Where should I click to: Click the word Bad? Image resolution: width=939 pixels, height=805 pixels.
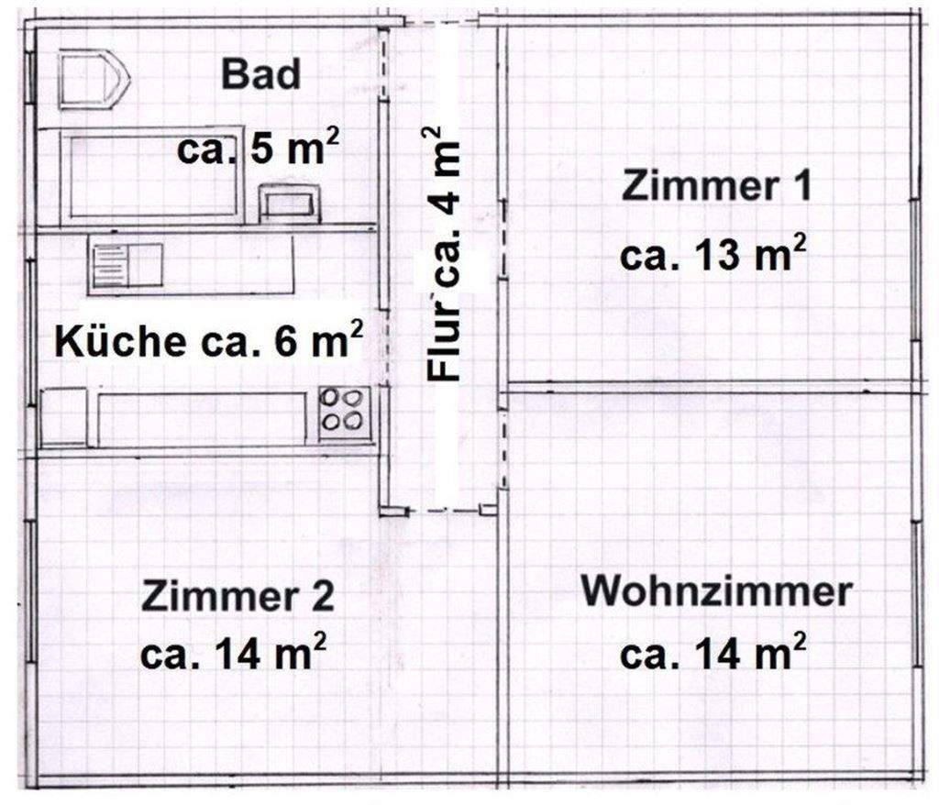(260, 74)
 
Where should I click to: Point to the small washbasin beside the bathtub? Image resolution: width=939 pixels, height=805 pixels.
(290, 203)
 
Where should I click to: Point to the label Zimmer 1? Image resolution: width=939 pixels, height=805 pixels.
(715, 187)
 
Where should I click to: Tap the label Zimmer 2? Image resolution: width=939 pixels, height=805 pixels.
(238, 597)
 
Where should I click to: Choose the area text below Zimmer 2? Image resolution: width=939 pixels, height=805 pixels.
(235, 654)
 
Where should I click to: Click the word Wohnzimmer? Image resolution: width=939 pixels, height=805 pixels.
(716, 591)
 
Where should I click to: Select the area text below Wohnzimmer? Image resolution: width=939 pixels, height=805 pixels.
(713, 654)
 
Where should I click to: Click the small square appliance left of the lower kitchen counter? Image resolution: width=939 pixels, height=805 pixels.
(63, 417)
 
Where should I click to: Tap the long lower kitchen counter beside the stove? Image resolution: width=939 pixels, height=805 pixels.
(203, 419)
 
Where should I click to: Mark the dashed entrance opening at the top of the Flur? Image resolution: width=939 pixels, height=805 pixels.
(441, 21)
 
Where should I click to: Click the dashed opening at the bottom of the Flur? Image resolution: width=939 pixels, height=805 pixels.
(444, 510)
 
